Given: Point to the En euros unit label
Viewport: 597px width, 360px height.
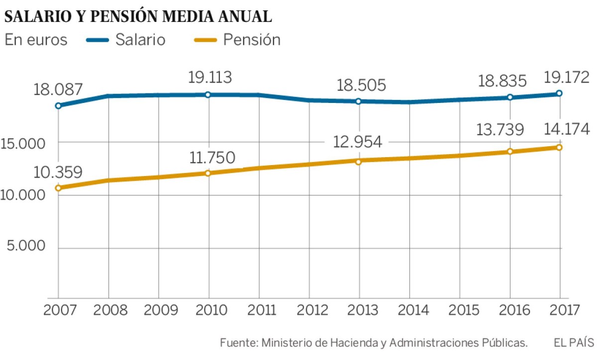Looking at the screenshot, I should tap(36, 40).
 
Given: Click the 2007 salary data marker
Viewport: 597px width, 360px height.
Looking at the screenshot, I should tap(58, 105).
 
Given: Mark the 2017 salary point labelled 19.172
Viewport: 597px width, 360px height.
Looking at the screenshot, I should tap(560, 93).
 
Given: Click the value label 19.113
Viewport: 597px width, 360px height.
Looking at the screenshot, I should tap(209, 78).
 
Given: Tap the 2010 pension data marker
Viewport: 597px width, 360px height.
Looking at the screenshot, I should tap(208, 173).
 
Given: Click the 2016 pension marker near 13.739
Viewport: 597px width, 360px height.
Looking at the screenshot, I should tap(510, 151).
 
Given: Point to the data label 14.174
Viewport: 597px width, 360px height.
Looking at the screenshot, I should tap(560, 129).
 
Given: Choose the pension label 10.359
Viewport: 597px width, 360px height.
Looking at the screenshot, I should tap(58, 172).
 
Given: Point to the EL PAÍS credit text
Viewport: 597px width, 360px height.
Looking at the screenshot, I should tap(573, 343).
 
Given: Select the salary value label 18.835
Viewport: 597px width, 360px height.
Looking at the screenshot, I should tap(509, 81).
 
